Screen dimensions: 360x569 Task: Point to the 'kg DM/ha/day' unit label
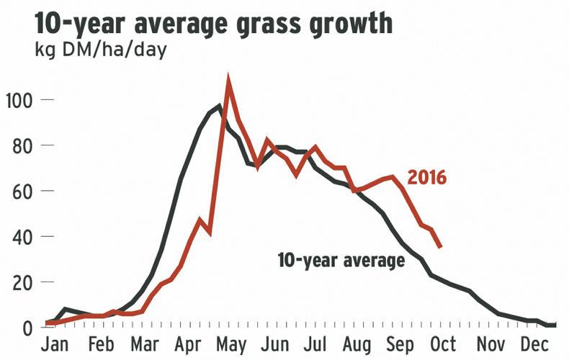[99, 53]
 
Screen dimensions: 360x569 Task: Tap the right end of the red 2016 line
[440, 248]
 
